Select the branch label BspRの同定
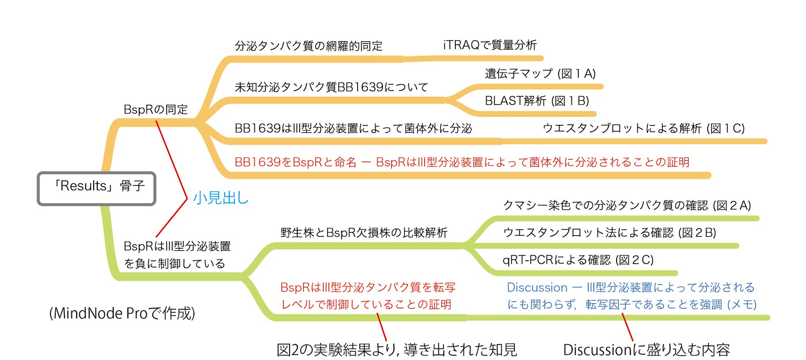(x=156, y=109)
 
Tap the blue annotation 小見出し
(x=221, y=198)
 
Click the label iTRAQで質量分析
(x=490, y=45)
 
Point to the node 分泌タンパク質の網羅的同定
(x=308, y=46)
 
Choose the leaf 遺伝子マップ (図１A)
(x=540, y=74)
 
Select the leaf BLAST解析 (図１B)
(x=536, y=101)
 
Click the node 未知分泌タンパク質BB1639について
(x=331, y=87)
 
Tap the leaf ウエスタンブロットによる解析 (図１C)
(x=643, y=128)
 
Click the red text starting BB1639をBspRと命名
(x=461, y=162)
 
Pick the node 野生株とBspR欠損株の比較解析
(x=364, y=233)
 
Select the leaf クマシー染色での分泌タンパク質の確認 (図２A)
(x=627, y=205)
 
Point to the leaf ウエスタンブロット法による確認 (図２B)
(x=609, y=233)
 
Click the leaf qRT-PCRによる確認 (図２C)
(x=578, y=260)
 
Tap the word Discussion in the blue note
(x=537, y=287)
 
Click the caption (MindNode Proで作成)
(x=122, y=313)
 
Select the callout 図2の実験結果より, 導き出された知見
(x=396, y=349)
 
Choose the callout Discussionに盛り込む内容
(x=646, y=349)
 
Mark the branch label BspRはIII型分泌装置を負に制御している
(x=177, y=255)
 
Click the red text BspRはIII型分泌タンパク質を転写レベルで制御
(x=368, y=296)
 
